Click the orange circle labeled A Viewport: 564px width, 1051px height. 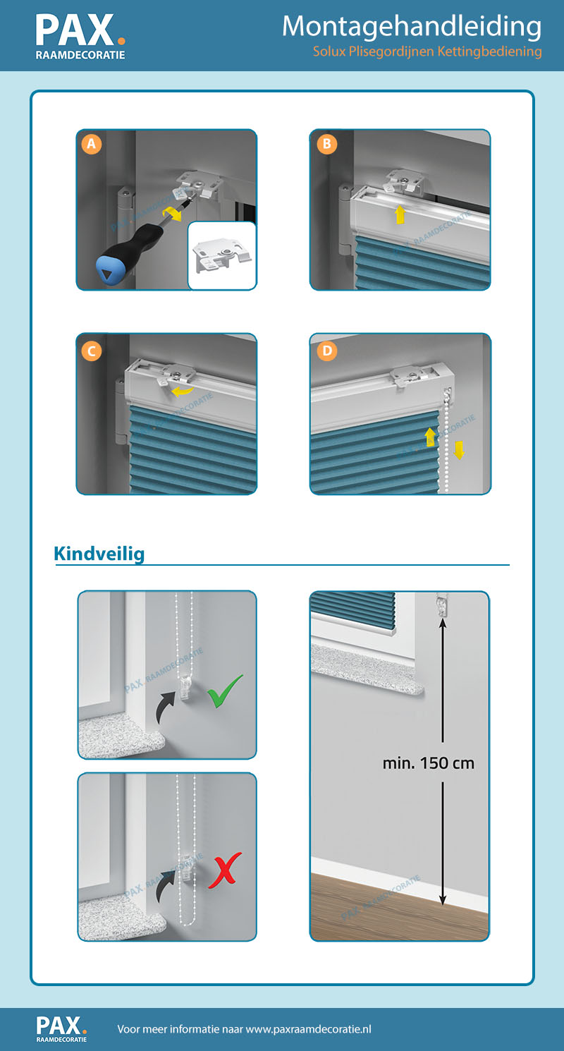tap(92, 144)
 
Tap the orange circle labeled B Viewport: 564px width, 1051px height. tap(327, 144)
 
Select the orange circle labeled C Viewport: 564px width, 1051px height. tap(92, 351)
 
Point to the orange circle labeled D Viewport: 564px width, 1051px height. tap(327, 351)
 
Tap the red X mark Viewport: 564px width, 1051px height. tap(225, 870)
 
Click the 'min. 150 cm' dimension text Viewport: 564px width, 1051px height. tap(429, 763)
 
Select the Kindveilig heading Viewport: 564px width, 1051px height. tap(99, 554)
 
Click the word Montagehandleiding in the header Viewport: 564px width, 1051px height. tap(412, 27)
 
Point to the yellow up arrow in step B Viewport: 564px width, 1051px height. tap(400, 214)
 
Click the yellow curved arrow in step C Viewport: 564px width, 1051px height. tap(181, 391)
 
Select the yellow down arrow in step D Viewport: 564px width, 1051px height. tap(460, 449)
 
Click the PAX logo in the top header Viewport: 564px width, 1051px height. tap(80, 36)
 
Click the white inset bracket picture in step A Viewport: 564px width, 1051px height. tap(222, 255)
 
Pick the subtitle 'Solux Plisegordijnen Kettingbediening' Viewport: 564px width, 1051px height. tap(427, 51)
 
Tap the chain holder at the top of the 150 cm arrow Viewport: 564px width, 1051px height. tap(442, 605)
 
